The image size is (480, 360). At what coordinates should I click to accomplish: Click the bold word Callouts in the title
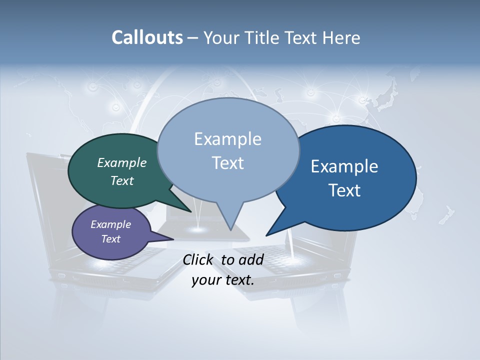pos(147,37)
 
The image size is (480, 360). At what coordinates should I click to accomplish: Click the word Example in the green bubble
pos(122,162)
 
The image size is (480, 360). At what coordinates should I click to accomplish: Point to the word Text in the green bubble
pos(122,180)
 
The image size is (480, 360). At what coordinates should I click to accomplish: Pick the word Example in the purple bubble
pos(111,224)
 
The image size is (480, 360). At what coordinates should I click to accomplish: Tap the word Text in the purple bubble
pos(111,239)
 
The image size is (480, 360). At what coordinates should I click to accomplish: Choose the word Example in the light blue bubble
pos(227,139)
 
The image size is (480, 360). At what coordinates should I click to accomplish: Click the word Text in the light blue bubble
pos(227,163)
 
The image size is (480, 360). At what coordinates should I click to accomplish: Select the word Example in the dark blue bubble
pos(344,166)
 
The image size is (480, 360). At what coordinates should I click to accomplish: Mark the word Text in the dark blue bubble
pos(344,190)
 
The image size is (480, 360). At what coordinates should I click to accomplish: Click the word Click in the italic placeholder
pos(198,259)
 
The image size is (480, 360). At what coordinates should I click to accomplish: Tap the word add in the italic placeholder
pos(251,259)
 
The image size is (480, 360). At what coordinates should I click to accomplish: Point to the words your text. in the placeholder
pos(223,280)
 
